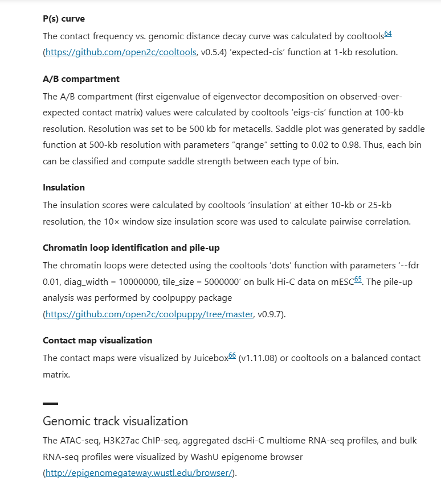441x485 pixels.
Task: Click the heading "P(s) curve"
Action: point(64,19)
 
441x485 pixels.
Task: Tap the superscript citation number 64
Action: point(387,34)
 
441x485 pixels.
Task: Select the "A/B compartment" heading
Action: point(81,79)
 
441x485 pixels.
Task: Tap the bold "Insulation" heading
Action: point(64,188)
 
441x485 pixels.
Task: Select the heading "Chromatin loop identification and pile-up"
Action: point(131,248)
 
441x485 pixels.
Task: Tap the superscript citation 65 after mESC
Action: point(358,279)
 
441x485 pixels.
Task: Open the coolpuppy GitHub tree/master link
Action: point(149,314)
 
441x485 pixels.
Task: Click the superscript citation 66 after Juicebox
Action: point(232,355)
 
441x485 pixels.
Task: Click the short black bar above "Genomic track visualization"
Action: point(50,404)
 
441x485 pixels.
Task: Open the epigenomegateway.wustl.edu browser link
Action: point(140,473)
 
